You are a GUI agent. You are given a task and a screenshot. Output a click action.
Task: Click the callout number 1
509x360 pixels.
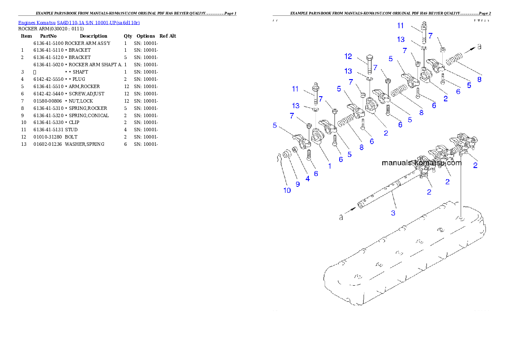point(329,166)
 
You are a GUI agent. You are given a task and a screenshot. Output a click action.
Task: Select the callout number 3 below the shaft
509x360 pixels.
point(393,212)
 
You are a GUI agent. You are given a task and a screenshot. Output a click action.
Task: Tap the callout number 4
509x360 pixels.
point(308,179)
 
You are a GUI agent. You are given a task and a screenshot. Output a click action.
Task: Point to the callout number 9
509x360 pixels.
point(298,184)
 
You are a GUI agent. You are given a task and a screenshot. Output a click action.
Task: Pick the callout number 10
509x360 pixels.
point(287,190)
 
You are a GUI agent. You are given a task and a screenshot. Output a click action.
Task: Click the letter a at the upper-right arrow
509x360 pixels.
point(479,46)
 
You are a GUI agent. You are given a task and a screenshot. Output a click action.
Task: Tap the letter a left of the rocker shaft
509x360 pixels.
point(341,218)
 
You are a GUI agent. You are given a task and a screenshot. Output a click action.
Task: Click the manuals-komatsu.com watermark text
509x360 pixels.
point(421,163)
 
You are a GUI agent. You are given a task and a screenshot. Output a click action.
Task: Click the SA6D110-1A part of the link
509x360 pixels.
point(69,22)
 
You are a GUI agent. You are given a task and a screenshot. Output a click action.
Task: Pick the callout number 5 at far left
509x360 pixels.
point(275,126)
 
